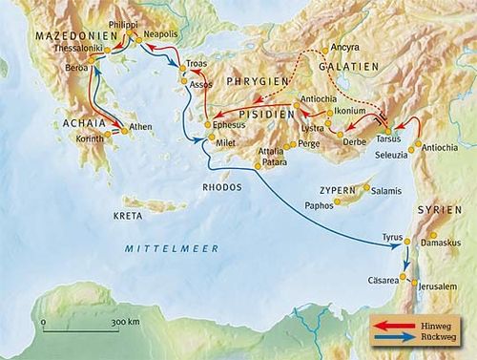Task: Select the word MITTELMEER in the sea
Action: point(158,248)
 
